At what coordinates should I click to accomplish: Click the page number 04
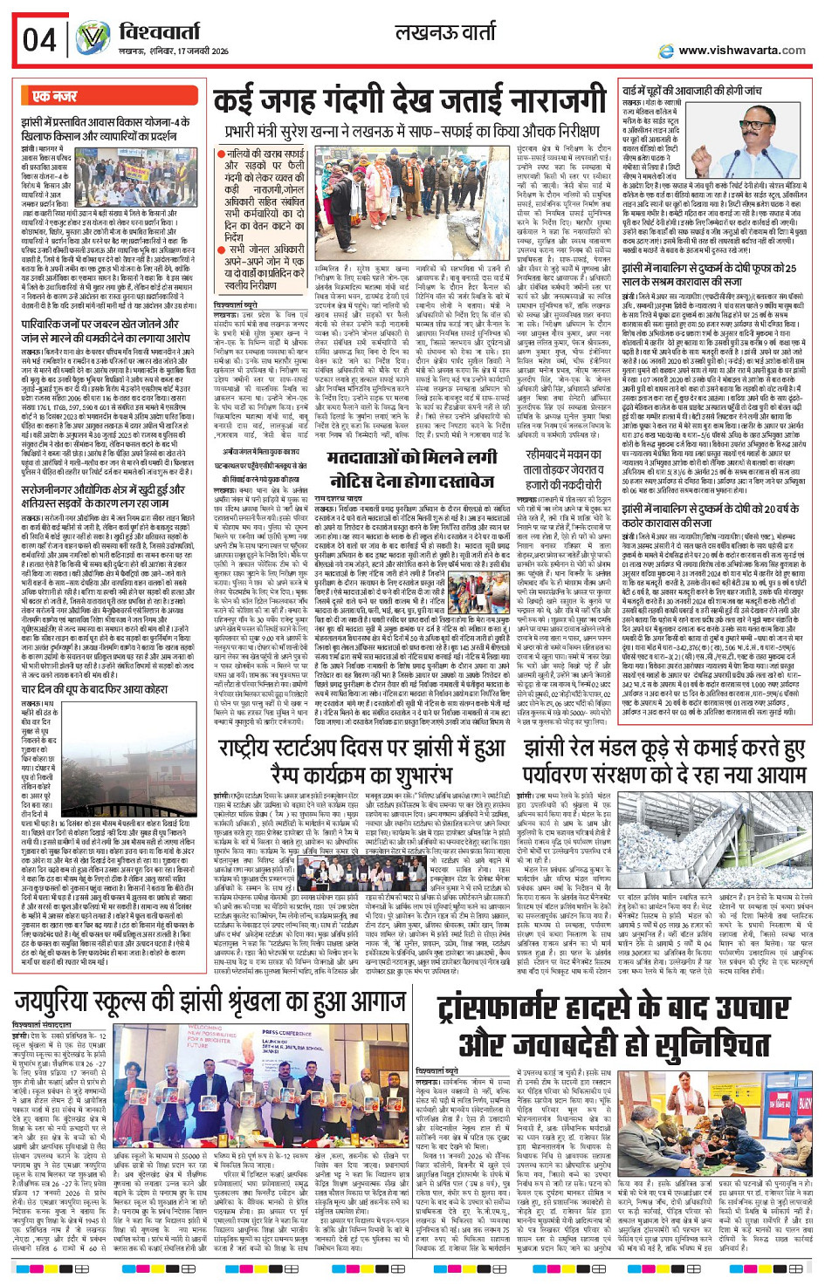(x=38, y=40)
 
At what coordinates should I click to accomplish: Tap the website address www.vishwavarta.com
(x=741, y=51)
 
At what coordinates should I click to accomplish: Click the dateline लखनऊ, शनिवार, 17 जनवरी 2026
(x=174, y=52)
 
